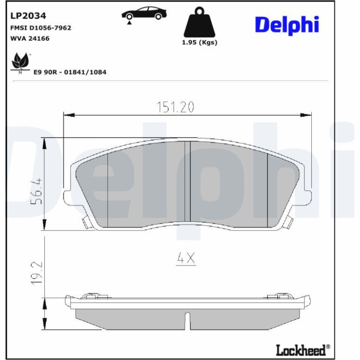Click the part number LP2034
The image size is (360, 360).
pyautogui.click(x=28, y=16)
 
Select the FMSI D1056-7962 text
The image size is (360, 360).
pyautogui.click(x=41, y=28)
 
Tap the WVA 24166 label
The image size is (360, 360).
pyautogui.click(x=30, y=38)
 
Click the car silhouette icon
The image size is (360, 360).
pyautogui.click(x=144, y=14)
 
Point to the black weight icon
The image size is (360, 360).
pyautogui.click(x=200, y=22)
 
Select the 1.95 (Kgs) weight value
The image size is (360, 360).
pyautogui.click(x=200, y=43)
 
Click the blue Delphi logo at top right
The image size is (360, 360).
pyautogui.click(x=287, y=25)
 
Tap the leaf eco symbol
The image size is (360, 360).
pyautogui.click(x=21, y=63)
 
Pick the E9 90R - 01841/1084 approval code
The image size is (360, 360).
pyautogui.click(x=70, y=72)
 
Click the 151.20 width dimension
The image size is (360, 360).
pyautogui.click(x=175, y=107)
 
